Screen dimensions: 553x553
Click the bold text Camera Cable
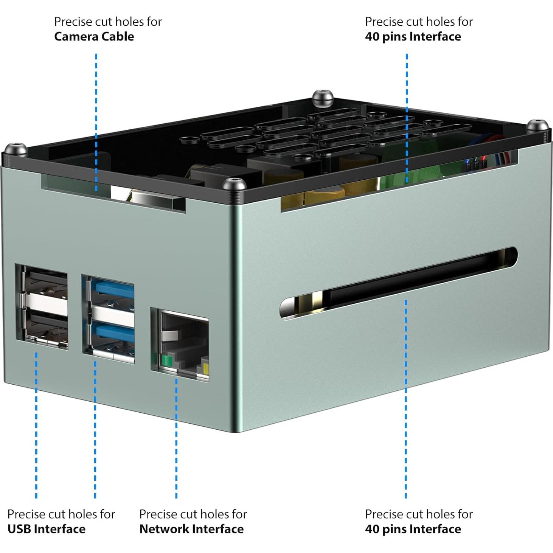pyautogui.click(x=94, y=37)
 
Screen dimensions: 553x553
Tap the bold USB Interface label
pyautogui.click(x=47, y=529)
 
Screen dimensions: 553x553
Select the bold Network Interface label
pyautogui.click(x=191, y=529)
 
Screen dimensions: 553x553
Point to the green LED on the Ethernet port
pyautogui.click(x=166, y=360)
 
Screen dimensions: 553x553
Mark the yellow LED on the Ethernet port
pyautogui.click(x=205, y=369)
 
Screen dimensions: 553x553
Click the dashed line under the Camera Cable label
pyautogui.click(x=96, y=121)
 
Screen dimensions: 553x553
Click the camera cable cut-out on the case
pyautogui.click(x=113, y=193)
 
